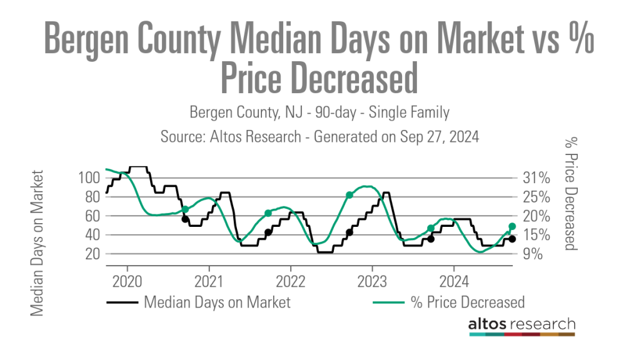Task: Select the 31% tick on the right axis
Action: pos(535,177)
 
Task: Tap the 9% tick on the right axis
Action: pos(532,254)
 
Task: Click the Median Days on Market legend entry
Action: pos(216,302)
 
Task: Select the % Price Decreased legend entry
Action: pos(466,302)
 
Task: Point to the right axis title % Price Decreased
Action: pos(569,193)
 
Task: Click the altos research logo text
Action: pos(521,324)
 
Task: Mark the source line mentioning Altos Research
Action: pos(319,137)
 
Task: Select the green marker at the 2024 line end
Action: pos(512,226)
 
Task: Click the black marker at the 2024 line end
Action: pos(512,239)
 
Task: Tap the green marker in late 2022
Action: pos(350,195)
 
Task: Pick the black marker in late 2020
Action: pos(185,219)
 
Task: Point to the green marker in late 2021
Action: pos(268,213)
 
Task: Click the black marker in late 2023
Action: pos(431,239)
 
